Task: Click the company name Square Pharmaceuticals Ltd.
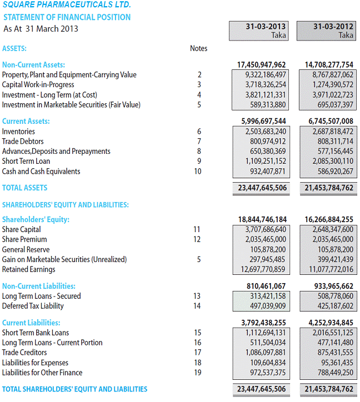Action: [x=67, y=5]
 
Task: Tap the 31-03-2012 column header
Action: [x=333, y=27]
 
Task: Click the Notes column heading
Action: [x=198, y=48]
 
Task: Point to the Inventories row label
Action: [x=18, y=132]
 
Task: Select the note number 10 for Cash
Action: [x=198, y=172]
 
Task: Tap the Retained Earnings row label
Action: [x=28, y=269]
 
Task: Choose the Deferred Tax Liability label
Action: [x=33, y=306]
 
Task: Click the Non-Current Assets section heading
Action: [x=33, y=65]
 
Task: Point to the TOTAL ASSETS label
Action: [x=25, y=188]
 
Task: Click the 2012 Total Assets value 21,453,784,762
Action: [x=329, y=188]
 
